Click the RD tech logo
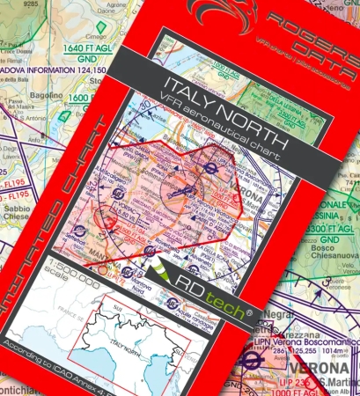coord(198,283)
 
